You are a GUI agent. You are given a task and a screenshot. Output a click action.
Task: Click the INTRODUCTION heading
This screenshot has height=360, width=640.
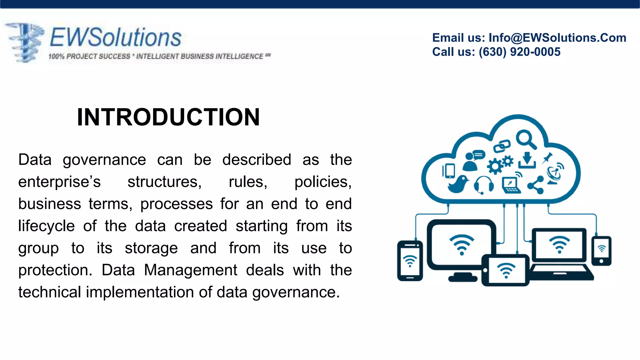(x=168, y=117)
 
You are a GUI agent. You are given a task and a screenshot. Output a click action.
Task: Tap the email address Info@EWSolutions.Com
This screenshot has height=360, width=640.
(x=557, y=38)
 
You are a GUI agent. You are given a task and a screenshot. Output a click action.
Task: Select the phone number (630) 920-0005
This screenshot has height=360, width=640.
(x=519, y=52)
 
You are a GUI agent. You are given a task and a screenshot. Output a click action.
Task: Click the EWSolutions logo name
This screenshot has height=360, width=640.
(x=116, y=37)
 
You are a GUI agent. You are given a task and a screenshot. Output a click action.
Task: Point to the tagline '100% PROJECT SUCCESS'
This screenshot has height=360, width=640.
(x=89, y=57)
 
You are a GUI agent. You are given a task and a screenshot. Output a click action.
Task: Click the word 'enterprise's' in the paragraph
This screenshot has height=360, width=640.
(x=59, y=182)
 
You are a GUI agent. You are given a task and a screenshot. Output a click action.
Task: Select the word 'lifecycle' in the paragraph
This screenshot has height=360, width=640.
(x=46, y=226)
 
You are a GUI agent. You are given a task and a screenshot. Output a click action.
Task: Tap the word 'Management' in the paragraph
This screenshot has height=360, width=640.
(x=191, y=270)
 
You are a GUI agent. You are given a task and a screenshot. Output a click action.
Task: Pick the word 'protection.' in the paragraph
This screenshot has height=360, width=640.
(x=55, y=270)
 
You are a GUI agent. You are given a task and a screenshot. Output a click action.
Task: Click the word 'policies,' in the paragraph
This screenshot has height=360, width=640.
(x=323, y=182)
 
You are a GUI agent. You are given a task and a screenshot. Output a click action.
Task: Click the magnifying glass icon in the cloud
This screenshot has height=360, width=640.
(x=526, y=139)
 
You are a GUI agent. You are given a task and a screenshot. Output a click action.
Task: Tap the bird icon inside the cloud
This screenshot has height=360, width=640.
(x=458, y=184)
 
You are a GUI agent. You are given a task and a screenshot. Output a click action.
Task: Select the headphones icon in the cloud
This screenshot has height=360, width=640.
(x=484, y=184)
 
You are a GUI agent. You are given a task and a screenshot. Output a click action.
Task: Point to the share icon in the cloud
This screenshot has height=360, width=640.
(x=536, y=185)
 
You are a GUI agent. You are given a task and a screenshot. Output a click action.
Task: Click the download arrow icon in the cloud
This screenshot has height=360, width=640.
(x=527, y=160)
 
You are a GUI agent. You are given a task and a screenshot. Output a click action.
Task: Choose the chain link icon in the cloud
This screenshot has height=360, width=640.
(x=502, y=146)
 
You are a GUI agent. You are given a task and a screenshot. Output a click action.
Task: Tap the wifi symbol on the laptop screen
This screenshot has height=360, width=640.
(x=559, y=244)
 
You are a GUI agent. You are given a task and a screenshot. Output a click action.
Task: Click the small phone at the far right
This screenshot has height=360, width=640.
(x=601, y=251)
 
